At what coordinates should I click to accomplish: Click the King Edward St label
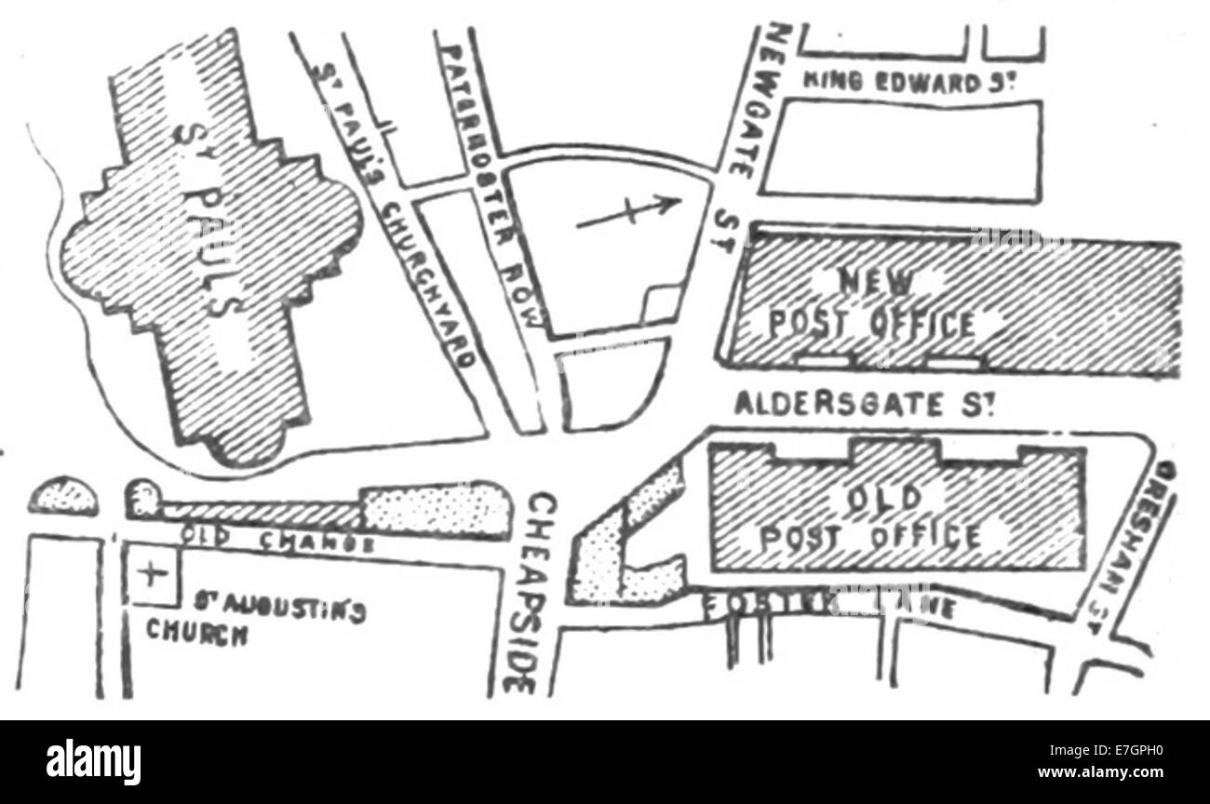click(x=907, y=83)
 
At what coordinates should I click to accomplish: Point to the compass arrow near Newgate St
click(x=626, y=212)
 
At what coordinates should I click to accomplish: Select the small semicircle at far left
click(x=63, y=497)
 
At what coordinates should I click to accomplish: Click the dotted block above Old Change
click(x=435, y=509)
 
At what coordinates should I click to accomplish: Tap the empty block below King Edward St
click(x=901, y=150)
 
